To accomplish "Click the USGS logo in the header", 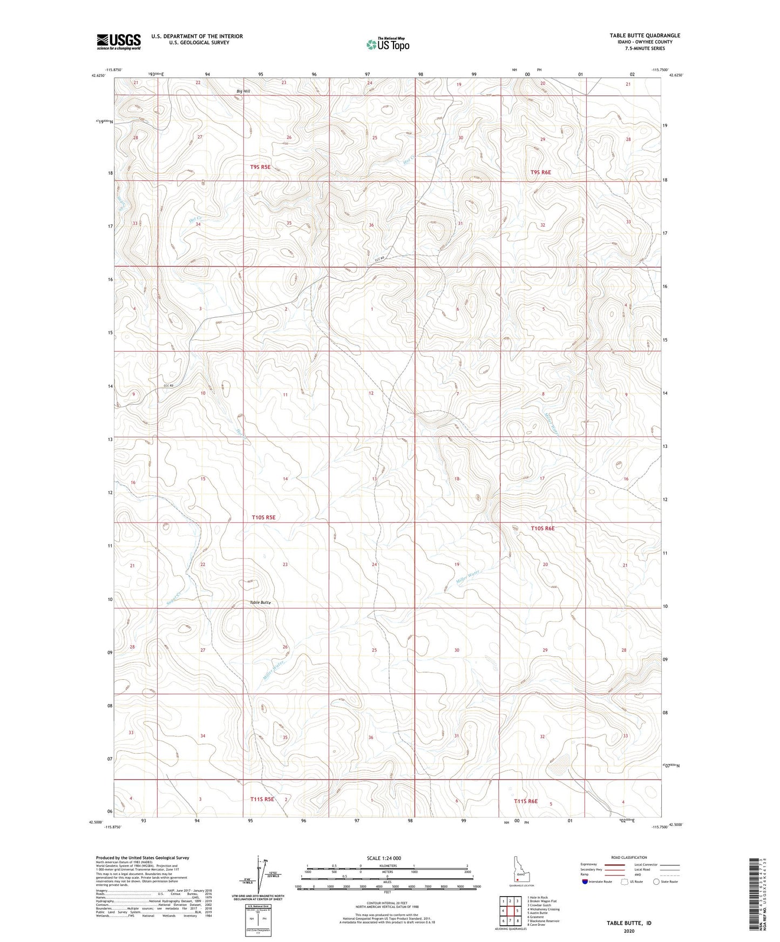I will (119, 41).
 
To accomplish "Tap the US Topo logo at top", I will (388, 44).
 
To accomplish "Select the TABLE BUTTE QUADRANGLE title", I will (645, 36).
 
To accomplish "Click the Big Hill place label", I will (243, 91).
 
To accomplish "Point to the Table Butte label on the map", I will (260, 602).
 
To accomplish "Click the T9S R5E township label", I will (260, 167).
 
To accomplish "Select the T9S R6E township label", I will (540, 172).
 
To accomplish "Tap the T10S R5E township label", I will (263, 517).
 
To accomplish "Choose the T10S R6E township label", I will (542, 528).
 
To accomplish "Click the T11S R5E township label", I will (262, 799).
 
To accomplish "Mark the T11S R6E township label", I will (525, 801).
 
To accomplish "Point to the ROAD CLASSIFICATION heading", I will (629, 857).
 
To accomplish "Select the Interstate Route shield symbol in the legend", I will (585, 882).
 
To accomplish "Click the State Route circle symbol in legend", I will (656, 882).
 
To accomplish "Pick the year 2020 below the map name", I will (629, 931).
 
